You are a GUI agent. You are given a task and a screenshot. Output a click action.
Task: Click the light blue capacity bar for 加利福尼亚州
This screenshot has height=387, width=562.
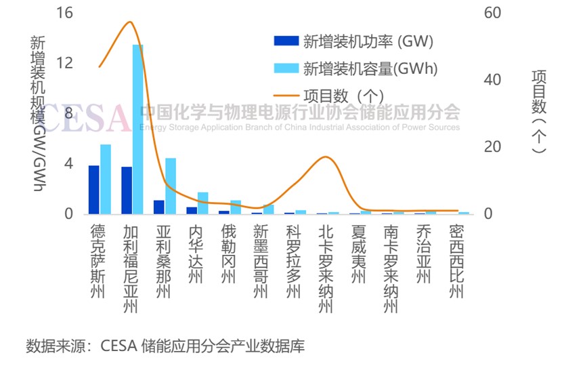pyautogui.click(x=137, y=129)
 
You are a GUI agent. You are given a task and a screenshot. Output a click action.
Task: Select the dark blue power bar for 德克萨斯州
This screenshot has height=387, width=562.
pyautogui.click(x=94, y=190)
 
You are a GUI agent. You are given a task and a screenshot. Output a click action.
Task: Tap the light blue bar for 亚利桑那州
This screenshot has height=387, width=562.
pyautogui.click(x=171, y=186)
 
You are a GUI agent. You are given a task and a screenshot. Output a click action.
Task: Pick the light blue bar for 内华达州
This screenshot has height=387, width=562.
pyautogui.click(x=203, y=203)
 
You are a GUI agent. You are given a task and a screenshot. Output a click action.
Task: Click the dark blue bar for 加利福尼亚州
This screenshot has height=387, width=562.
pyautogui.click(x=127, y=190)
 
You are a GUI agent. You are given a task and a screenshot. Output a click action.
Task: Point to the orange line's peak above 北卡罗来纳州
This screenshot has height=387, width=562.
pyautogui.click(x=327, y=157)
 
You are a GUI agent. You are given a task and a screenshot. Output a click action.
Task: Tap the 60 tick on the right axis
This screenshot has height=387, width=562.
pyautogui.click(x=492, y=13)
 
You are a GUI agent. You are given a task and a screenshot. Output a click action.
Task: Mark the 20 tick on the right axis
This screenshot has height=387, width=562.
pyautogui.click(x=492, y=147)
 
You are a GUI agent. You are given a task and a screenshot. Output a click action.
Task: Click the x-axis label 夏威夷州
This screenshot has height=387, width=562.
pyautogui.click(x=359, y=255)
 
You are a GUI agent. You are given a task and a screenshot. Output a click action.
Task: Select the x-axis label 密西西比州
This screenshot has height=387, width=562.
pyautogui.click(x=457, y=262)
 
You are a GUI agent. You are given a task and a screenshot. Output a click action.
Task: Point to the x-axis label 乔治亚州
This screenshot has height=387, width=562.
pyautogui.click(x=424, y=255)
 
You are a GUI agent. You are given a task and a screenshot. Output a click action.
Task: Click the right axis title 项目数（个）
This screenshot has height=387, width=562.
pyautogui.click(x=538, y=111)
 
